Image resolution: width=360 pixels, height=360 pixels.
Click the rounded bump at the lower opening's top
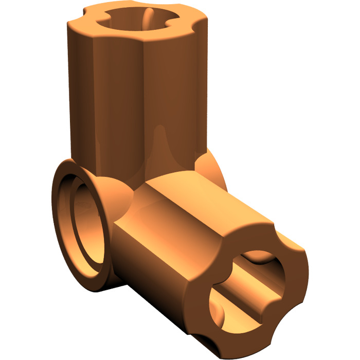tap(262, 257)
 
